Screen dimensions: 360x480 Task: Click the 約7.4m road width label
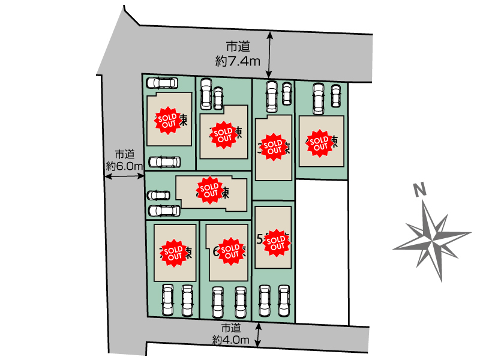coord(238,61)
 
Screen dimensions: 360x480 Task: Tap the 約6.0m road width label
coord(125,166)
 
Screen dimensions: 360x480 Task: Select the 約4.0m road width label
coord(230,339)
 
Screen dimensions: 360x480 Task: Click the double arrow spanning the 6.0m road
coord(125,176)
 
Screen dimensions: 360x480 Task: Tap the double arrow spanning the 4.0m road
coord(259,335)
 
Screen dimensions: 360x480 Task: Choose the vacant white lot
coord(322,252)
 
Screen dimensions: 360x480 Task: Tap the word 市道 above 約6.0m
coord(125,154)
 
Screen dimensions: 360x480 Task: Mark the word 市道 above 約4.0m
coord(231,328)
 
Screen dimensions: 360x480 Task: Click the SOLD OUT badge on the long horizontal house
coord(209,190)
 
